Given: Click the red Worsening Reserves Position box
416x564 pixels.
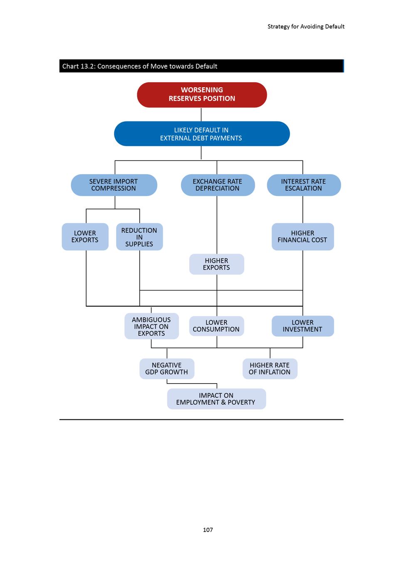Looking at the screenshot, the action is click(202, 95).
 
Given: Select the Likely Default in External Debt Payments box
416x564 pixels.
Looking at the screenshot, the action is click(202, 134).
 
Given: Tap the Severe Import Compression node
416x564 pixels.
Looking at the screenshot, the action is click(114, 185).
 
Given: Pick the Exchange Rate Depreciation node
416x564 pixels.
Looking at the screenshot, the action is click(218, 185).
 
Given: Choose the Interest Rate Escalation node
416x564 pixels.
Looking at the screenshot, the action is click(304, 185).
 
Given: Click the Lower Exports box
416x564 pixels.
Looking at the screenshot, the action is click(85, 236).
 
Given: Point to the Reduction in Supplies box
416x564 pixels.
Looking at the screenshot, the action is click(139, 236).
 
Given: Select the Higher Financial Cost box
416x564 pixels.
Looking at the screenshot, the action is click(302, 236).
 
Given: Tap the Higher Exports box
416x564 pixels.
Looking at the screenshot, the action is click(217, 264).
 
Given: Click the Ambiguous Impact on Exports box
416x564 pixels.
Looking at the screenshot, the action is click(152, 326).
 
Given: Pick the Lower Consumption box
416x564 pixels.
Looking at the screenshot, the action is click(217, 326).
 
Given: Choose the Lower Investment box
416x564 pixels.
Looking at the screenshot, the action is click(302, 326).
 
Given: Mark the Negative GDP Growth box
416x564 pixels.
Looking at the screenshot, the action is click(167, 369).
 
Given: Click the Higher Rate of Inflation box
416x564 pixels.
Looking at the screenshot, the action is click(270, 369).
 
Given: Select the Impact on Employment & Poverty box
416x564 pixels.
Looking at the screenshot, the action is click(216, 399).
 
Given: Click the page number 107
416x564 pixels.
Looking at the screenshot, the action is click(208, 530).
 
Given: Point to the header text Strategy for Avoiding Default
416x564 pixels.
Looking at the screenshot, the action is click(306, 27).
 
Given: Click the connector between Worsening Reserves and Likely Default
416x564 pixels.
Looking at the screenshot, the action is click(201, 115).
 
